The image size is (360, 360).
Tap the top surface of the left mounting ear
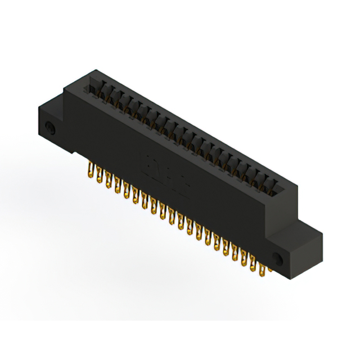[52, 105]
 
